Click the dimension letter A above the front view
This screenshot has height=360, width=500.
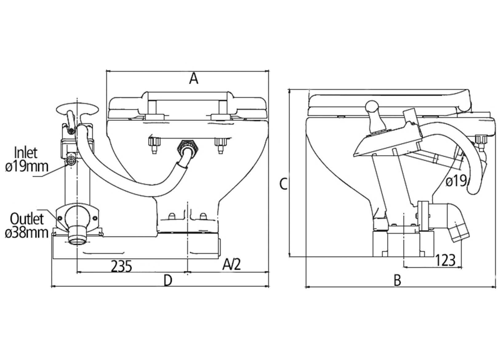click(194, 79)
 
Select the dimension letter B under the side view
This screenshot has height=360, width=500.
click(397, 280)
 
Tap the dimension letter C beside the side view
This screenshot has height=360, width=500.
click(283, 184)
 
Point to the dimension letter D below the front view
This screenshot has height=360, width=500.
click(168, 280)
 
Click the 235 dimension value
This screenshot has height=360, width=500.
click(122, 266)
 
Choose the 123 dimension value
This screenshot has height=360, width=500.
click(445, 260)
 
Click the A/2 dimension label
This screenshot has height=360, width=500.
click(232, 265)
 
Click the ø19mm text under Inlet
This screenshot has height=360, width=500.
click(26, 166)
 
